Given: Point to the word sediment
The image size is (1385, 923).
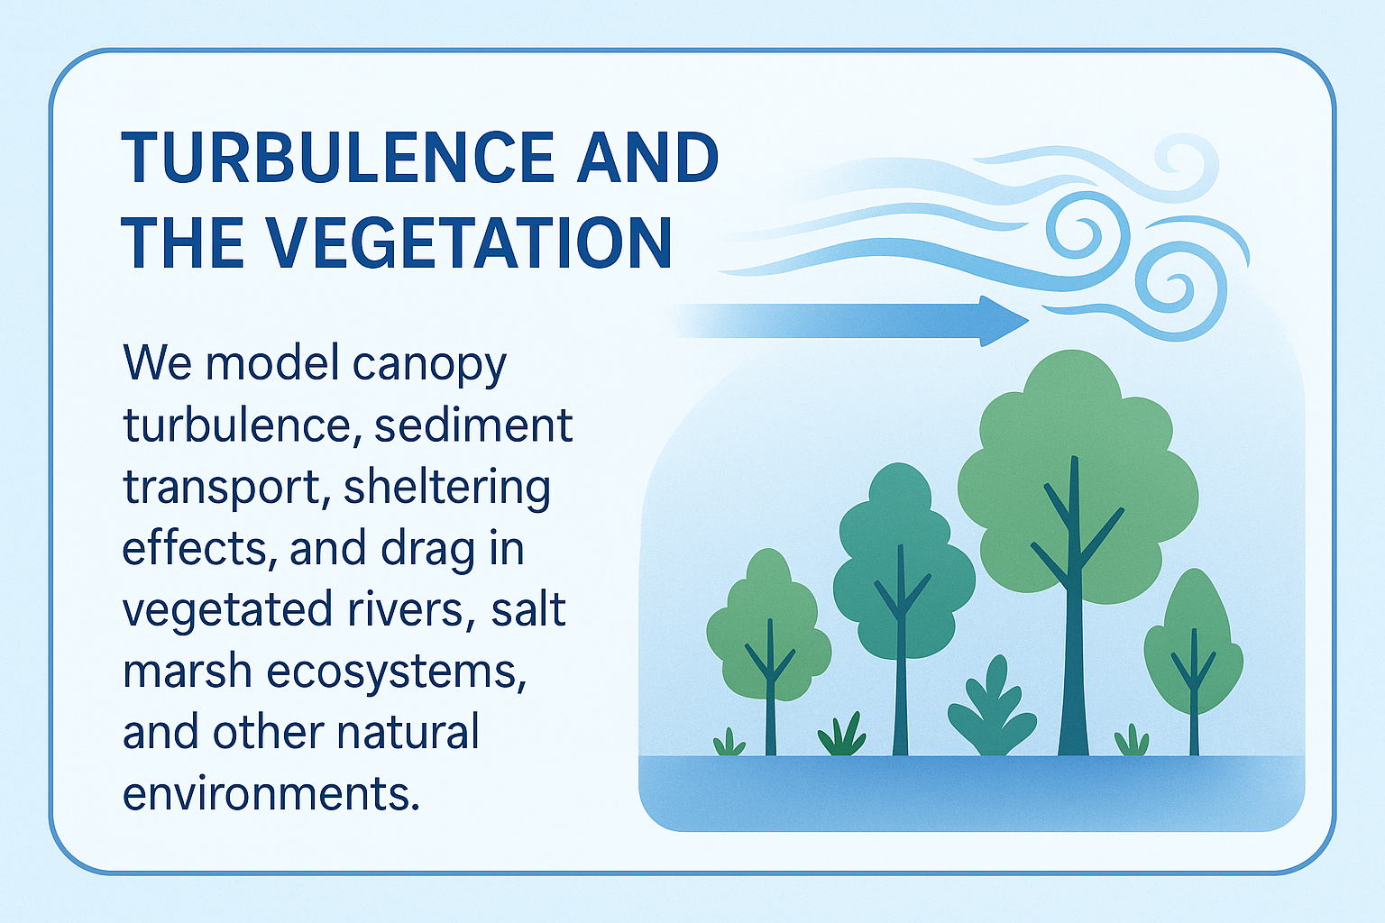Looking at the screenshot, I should pyautogui.click(x=473, y=425).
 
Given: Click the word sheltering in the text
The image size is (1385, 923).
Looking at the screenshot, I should pyautogui.click(x=446, y=489).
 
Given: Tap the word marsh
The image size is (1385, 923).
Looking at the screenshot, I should pyautogui.click(x=188, y=672).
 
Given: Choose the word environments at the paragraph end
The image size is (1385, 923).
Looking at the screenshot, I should pyautogui.click(x=271, y=794).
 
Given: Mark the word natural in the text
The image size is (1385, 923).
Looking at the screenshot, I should pyautogui.click(x=408, y=732).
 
